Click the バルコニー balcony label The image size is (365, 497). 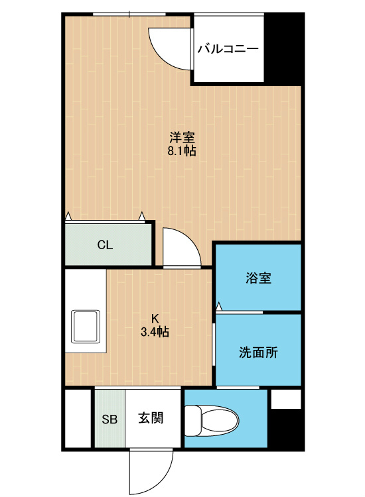click(228, 49)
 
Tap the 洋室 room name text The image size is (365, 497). click(182, 138)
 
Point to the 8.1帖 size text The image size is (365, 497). click(182, 151)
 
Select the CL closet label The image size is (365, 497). click(105, 245)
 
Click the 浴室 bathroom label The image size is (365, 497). click(258, 278)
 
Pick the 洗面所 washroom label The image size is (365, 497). click(258, 352)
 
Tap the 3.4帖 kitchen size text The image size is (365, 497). click(155, 331)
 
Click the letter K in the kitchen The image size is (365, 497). click(155, 318)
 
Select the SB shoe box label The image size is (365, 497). click(110, 419)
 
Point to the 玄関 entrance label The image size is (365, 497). click(151, 417)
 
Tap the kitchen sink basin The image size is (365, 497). click(86, 326)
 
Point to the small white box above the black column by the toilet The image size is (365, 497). click(285, 399)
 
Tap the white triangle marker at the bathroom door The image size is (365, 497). click(219, 307)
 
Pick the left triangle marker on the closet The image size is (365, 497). click(68, 216)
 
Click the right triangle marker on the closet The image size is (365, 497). click(141, 216)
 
